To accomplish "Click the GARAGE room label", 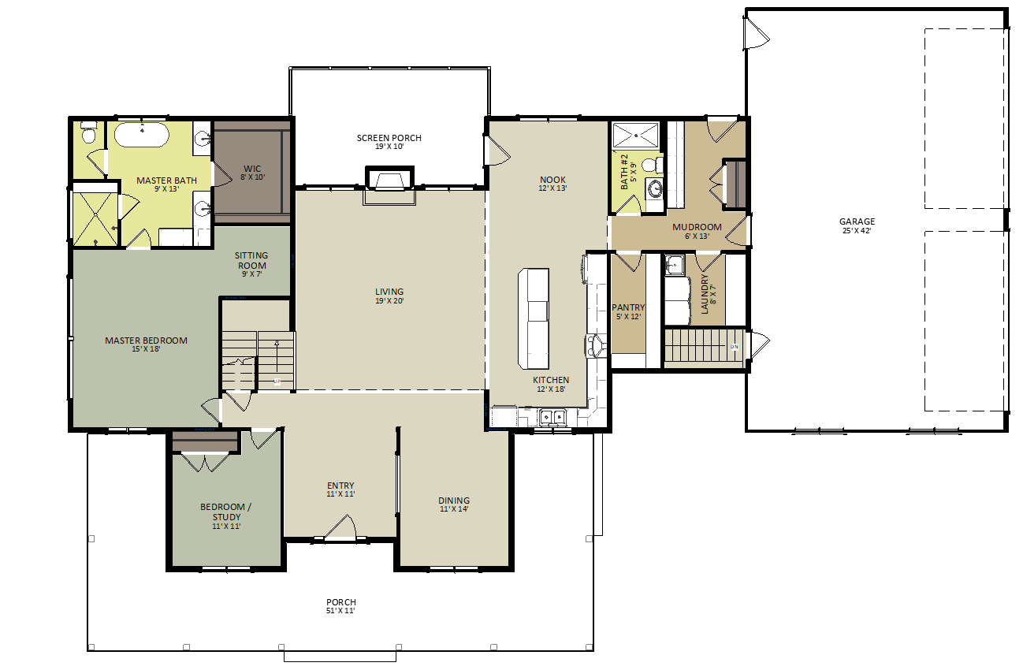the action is pyautogui.click(x=857, y=221).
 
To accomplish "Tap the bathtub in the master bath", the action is pyautogui.click(x=142, y=135).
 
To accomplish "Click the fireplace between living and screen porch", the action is pyautogui.click(x=389, y=179).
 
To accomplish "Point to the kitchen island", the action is pyautogui.click(x=534, y=318).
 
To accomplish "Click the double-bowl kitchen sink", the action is pyautogui.click(x=552, y=417).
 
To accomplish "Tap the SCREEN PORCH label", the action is pyautogui.click(x=389, y=138).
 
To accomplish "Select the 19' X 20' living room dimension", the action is pyautogui.click(x=389, y=301).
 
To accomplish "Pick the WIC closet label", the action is pyautogui.click(x=252, y=169).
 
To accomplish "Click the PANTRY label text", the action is pyautogui.click(x=628, y=308).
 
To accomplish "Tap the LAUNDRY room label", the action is pyautogui.click(x=705, y=294).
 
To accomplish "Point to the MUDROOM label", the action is pyautogui.click(x=697, y=227).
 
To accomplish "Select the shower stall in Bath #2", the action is pyautogui.click(x=636, y=136).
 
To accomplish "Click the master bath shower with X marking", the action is pyautogui.click(x=95, y=219).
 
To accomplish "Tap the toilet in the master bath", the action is pyautogui.click(x=88, y=132).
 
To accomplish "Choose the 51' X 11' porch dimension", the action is pyautogui.click(x=340, y=611).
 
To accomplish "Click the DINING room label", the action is pyautogui.click(x=454, y=501).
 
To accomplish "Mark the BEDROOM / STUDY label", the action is pyautogui.click(x=226, y=512).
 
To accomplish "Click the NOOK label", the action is pyautogui.click(x=552, y=180).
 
